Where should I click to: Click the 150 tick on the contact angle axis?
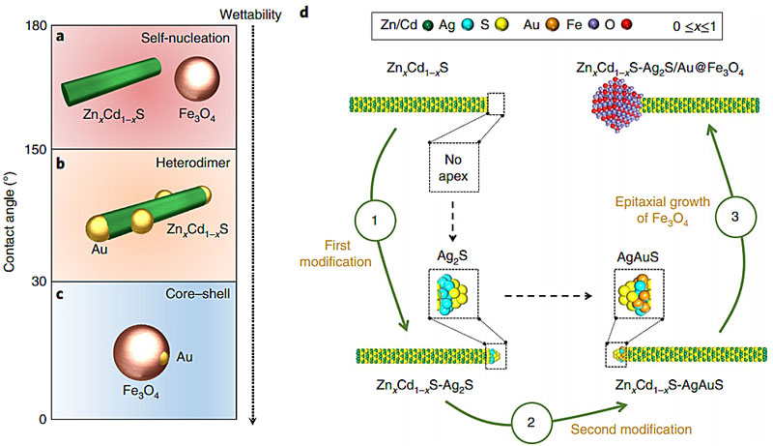click(36, 150)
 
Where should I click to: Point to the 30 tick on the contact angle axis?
click(39, 282)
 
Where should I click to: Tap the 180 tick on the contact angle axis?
click(36, 26)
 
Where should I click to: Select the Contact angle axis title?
click(9, 222)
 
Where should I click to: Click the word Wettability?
click(250, 15)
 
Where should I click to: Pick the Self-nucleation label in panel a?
click(186, 38)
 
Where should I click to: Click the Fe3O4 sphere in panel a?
click(197, 78)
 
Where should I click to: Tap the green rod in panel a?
click(111, 82)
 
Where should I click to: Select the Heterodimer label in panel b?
click(192, 163)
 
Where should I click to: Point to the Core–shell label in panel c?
click(198, 294)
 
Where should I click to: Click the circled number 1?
click(375, 220)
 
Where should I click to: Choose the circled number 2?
click(530, 423)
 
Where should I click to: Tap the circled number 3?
click(735, 217)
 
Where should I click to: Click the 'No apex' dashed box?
click(453, 167)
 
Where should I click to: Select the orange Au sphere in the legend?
click(552, 24)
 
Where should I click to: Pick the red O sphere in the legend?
click(626, 24)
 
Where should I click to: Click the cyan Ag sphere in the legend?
click(467, 24)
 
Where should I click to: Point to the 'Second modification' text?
click(631, 430)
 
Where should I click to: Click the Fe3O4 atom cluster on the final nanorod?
click(616, 104)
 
